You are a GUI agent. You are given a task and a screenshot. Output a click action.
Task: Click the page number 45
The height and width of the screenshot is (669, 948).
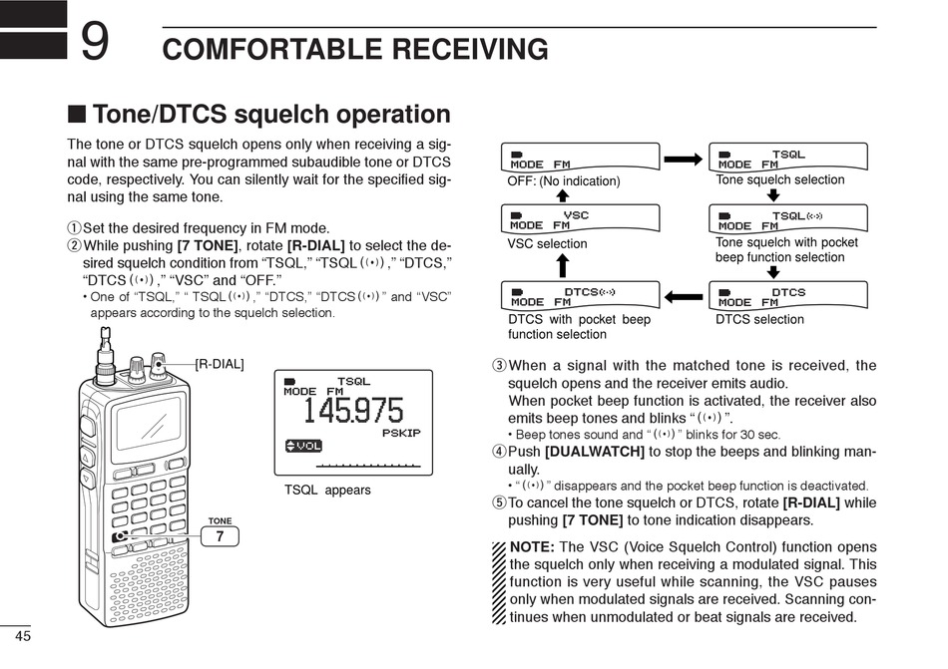(x=23, y=637)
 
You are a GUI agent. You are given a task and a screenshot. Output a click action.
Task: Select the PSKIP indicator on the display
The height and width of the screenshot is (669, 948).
(x=401, y=433)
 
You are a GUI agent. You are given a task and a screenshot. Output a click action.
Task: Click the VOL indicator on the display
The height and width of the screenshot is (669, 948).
(x=303, y=446)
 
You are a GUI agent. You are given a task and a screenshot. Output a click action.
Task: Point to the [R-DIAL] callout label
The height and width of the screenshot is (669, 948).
(x=219, y=364)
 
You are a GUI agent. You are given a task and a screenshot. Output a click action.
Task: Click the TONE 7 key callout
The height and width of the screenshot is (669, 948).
(x=220, y=536)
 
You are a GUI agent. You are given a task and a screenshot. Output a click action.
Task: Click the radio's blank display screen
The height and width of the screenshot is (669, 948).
(x=149, y=420)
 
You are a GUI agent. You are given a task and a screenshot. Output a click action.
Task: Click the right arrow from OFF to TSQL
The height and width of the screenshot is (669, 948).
(x=685, y=159)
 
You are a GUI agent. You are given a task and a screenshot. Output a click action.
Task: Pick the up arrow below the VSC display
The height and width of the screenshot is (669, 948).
(x=562, y=264)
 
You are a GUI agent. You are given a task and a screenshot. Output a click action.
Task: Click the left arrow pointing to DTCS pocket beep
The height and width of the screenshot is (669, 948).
(x=685, y=296)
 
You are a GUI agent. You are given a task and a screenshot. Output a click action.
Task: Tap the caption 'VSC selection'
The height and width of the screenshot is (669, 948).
(x=547, y=243)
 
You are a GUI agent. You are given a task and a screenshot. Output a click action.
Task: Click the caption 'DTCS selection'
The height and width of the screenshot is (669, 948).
(x=758, y=320)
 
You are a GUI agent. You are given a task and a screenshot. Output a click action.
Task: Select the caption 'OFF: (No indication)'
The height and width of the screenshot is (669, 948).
(x=564, y=181)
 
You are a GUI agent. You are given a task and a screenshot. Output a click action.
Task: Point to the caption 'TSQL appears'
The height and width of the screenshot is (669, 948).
(x=327, y=490)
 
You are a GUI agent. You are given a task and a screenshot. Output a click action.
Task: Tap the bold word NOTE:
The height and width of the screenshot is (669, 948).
(x=532, y=547)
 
